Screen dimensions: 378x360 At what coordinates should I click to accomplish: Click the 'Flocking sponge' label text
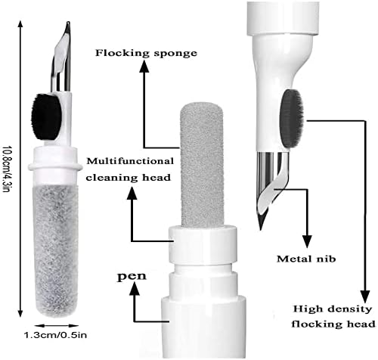146,53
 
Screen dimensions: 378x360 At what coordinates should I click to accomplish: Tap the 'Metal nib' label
306,259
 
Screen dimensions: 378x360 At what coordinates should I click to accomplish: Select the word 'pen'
132,276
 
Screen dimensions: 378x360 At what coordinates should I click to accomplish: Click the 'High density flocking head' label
333,316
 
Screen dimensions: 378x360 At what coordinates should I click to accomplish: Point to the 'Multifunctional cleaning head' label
130,169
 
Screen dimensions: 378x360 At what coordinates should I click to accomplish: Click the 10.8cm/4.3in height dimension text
6,169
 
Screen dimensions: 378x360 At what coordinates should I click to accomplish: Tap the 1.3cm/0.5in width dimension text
55,335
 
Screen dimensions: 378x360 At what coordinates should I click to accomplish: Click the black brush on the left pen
47,117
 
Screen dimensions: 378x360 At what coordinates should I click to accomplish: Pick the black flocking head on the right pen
292,119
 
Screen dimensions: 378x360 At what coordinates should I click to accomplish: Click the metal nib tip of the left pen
68,24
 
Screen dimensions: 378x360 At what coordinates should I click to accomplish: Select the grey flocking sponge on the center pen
202,165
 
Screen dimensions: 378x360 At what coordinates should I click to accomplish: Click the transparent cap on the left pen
56,250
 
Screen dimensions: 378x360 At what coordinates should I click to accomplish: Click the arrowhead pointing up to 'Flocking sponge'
144,67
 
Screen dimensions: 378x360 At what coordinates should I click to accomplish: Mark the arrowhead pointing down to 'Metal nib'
307,241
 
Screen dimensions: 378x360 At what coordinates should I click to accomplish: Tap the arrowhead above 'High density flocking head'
365,296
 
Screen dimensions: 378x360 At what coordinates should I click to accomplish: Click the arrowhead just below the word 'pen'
135,289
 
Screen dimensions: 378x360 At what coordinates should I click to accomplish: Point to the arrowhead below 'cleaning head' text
132,194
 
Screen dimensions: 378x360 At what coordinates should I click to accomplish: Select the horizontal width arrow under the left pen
56,326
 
